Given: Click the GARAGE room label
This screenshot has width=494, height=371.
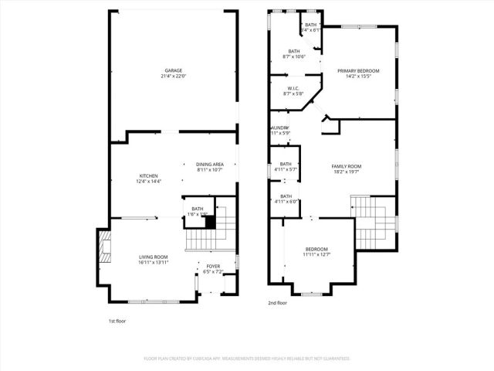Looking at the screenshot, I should coord(172,70).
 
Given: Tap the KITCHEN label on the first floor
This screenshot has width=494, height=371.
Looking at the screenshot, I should coord(148,176).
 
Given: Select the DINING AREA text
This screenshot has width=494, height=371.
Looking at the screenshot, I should coord(209,164).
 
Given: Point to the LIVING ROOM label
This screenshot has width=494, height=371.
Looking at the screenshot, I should coord(153,257).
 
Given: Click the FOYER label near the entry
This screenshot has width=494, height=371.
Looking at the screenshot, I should coord(212,267).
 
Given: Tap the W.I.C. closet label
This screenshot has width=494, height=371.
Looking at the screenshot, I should coord(293,89).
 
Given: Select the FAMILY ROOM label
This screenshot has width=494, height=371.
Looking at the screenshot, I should coord(347,167).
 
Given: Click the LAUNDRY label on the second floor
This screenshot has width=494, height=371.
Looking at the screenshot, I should coord(279,128).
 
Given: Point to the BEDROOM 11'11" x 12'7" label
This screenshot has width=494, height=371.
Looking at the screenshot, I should coord(316,249).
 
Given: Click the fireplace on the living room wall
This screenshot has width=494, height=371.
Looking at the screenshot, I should coord(102,250).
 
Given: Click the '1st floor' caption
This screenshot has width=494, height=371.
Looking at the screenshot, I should coord(118,320).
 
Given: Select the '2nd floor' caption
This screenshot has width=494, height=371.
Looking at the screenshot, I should coord(278,304).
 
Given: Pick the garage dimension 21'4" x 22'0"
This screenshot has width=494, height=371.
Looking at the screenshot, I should coord(172,76).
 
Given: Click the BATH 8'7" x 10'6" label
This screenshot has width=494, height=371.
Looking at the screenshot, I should coord(294,52).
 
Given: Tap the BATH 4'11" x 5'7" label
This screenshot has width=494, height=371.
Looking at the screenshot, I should coord(286,164).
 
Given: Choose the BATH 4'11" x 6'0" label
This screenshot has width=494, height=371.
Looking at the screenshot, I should coord(286,196).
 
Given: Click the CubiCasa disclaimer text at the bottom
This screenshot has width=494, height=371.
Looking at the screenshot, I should coord(247,359).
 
